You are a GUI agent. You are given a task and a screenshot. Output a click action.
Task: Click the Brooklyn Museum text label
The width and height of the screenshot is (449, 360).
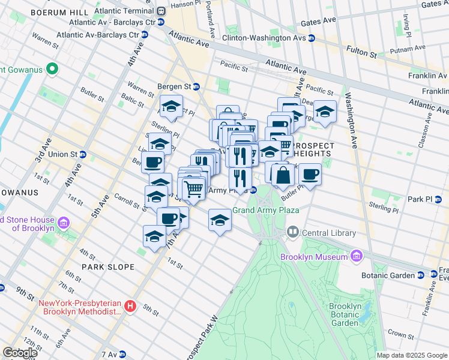point(314,257)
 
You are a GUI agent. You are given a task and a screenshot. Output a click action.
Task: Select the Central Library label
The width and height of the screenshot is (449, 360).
point(329,233)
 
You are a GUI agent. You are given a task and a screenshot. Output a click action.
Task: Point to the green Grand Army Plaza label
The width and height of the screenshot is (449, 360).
point(265,211)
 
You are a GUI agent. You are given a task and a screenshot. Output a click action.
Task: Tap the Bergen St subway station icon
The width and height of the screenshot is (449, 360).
point(196,86)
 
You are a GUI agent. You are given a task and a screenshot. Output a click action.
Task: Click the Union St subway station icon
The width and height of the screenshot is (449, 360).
point(83,154)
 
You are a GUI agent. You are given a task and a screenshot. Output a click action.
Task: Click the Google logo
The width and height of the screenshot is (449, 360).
point(20,352)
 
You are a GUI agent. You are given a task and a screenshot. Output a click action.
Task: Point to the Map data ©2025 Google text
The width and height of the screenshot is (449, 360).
point(411,355)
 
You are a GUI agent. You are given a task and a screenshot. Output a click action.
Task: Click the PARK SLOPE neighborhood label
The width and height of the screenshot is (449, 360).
point(107,266)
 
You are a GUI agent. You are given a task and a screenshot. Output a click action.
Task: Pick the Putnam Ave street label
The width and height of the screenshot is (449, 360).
point(406,52)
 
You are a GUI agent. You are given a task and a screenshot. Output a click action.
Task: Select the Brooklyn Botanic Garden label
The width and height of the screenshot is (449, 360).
point(345,314)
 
